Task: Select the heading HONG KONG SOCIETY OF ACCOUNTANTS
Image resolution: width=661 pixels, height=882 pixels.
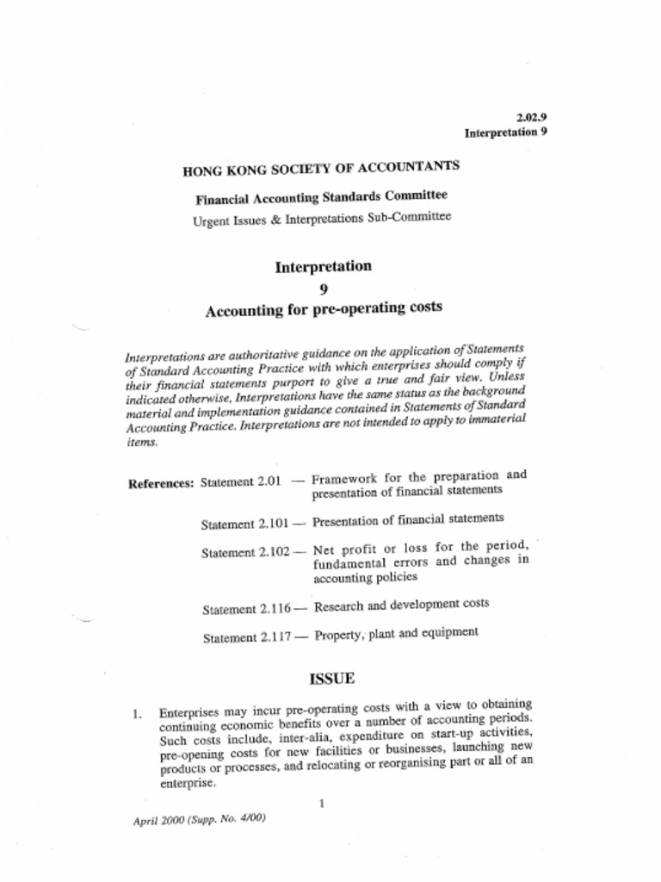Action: (321, 167)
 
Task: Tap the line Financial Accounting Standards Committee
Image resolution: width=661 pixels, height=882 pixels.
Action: (321, 197)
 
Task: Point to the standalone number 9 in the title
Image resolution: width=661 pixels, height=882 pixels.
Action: (324, 289)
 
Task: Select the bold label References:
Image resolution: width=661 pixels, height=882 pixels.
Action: (161, 483)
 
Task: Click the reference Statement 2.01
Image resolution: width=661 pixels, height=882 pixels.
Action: (241, 481)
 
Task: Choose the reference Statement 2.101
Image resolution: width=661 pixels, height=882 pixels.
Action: (244, 524)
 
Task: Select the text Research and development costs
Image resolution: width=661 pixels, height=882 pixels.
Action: (402, 605)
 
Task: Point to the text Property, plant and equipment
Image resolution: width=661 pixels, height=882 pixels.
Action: (396, 634)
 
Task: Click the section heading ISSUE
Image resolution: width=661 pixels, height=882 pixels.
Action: (331, 678)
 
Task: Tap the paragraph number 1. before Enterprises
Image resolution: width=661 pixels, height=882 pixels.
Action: (137, 714)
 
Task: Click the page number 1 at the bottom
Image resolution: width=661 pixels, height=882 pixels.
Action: (321, 804)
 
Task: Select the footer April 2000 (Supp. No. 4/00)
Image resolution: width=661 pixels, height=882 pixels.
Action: (199, 819)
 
